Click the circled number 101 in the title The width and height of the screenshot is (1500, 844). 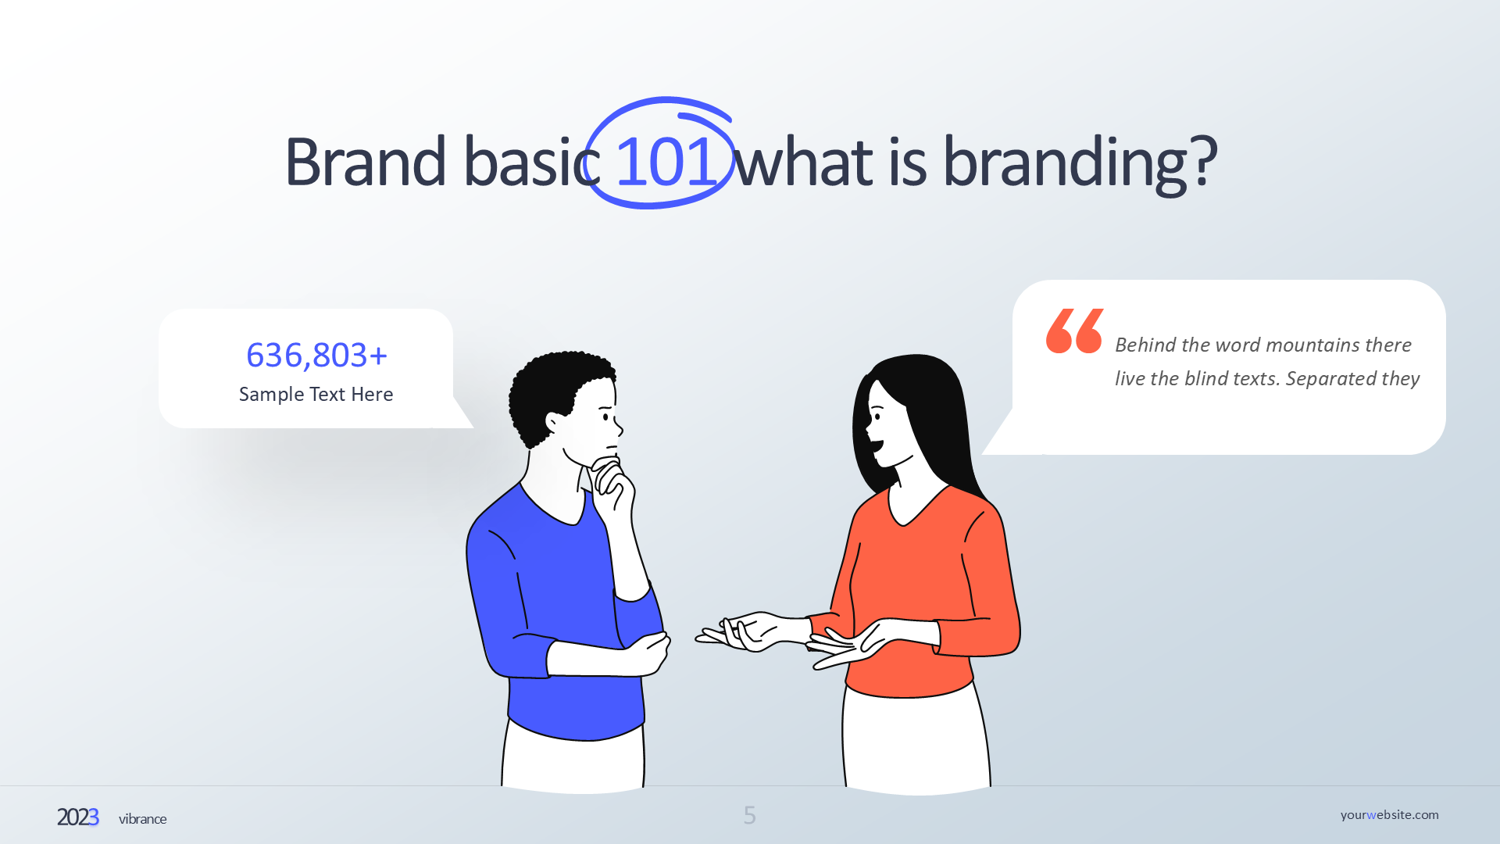point(666,162)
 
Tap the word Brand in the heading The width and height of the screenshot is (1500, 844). point(365,162)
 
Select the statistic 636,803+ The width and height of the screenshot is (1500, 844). point(316,356)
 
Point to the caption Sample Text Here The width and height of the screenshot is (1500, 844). point(316,395)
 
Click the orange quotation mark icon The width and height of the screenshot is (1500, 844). point(1074,331)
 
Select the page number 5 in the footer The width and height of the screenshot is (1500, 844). point(750,816)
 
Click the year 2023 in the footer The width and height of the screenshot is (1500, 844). point(78,817)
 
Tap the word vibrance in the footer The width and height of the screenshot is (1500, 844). point(143,819)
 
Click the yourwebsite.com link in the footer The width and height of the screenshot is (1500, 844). point(1389,815)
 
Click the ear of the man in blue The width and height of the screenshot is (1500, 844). point(554,424)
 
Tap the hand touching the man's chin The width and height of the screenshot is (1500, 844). point(614,488)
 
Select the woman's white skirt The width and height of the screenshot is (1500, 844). point(916,738)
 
